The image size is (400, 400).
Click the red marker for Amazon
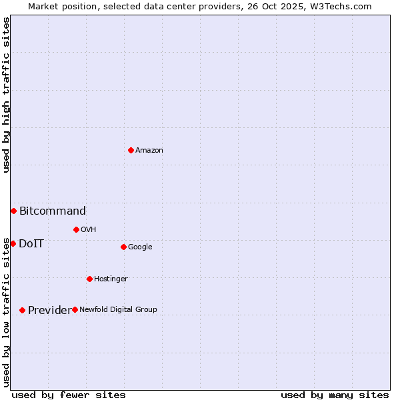pyautogui.click(x=131, y=150)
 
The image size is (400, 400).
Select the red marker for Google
pyautogui.click(x=123, y=247)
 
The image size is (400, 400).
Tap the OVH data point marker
pyautogui.click(x=76, y=229)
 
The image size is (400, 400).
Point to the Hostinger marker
pyautogui.click(x=89, y=279)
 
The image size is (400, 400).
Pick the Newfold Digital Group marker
pyautogui.click(x=75, y=309)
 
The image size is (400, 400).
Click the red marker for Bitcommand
pyautogui.click(x=13, y=211)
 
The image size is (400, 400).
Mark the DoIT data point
pyautogui.click(x=13, y=243)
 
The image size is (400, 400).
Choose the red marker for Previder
pyautogui.click(x=22, y=310)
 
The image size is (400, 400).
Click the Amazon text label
pyautogui.click(x=149, y=151)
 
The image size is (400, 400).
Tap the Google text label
pyautogui.click(x=140, y=247)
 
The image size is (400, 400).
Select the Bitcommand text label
pyautogui.click(x=52, y=211)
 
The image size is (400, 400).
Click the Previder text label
pyautogui.click(x=49, y=311)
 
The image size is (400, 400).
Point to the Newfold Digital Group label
pyautogui.click(x=118, y=310)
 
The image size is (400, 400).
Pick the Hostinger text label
pyautogui.click(x=111, y=279)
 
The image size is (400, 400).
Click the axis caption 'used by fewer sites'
pyautogui.click(x=69, y=395)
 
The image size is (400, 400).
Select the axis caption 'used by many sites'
pyautogui.click(x=335, y=395)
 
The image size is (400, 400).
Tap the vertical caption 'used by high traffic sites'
pyautogui.click(x=6, y=95)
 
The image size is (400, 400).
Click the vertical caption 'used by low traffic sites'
pyautogui.click(x=6, y=311)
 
